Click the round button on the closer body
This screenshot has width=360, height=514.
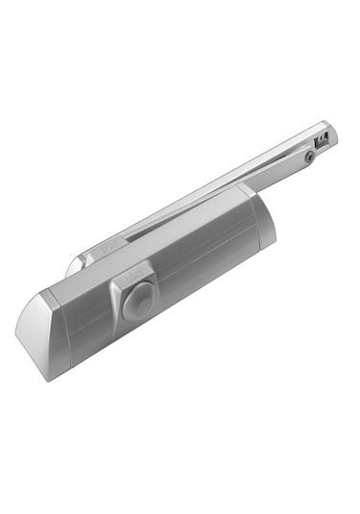click(136, 292)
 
